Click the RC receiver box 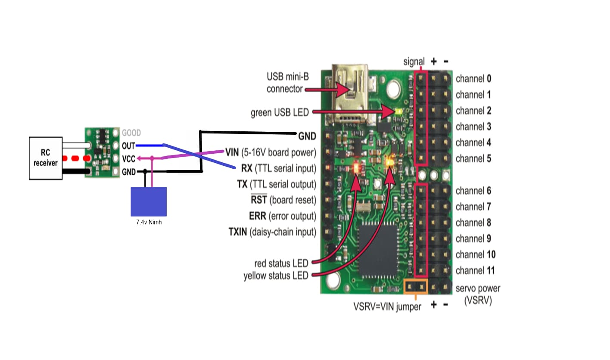point(46,158)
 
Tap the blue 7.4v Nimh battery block point(149,201)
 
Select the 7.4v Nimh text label point(149,223)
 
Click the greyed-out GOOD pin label point(131,133)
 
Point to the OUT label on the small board point(128,146)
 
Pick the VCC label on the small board point(128,158)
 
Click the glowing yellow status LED point(390,163)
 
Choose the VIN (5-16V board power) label point(271,152)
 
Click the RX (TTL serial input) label point(278,168)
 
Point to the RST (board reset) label point(283,200)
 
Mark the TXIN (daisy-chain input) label point(272,232)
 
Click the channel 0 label point(473,79)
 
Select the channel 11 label point(475,270)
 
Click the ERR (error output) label point(283,216)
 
